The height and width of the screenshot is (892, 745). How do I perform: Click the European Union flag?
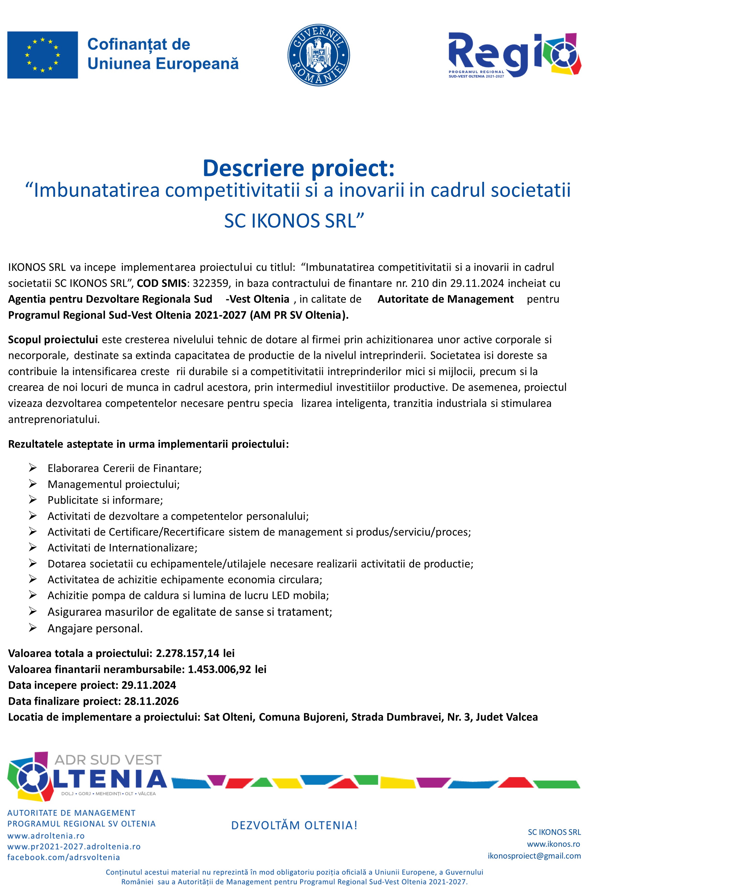click(43, 55)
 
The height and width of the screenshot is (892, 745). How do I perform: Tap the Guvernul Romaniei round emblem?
click(319, 55)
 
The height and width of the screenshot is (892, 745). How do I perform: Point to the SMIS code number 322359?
click(210, 283)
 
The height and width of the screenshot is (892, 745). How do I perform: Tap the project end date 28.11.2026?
click(151, 701)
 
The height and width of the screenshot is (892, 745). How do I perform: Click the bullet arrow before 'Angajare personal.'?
click(33, 628)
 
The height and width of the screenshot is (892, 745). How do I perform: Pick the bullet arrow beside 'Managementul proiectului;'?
click(33, 484)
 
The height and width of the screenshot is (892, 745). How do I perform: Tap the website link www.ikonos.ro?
click(553, 844)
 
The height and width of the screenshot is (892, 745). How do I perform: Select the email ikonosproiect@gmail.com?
click(534, 856)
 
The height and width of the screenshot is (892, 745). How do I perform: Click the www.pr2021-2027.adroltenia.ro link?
click(74, 847)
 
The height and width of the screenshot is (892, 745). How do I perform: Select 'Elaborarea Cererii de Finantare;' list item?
click(124, 468)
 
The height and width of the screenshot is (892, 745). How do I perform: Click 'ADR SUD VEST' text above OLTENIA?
click(108, 760)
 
